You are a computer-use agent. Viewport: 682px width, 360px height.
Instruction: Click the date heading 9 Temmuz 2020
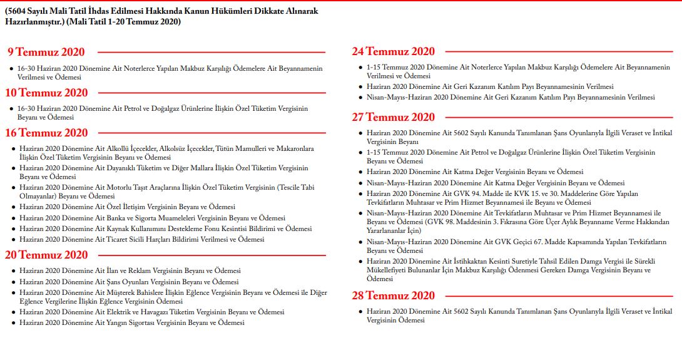[46, 52]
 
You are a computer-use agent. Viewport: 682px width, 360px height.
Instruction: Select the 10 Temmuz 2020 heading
[47, 93]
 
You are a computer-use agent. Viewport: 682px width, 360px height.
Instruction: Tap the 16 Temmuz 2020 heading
[47, 133]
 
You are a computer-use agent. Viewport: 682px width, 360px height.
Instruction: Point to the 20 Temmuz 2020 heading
[47, 255]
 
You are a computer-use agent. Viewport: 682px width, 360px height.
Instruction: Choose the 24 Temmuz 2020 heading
[393, 51]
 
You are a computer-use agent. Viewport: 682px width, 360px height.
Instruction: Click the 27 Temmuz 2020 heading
[393, 117]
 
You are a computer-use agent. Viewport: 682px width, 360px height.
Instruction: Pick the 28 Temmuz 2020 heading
[393, 296]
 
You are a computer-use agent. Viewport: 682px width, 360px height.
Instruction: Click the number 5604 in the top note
[18, 11]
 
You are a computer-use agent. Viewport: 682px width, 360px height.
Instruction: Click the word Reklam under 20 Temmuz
[146, 270]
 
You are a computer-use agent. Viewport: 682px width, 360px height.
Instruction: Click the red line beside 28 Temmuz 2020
[557, 296]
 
